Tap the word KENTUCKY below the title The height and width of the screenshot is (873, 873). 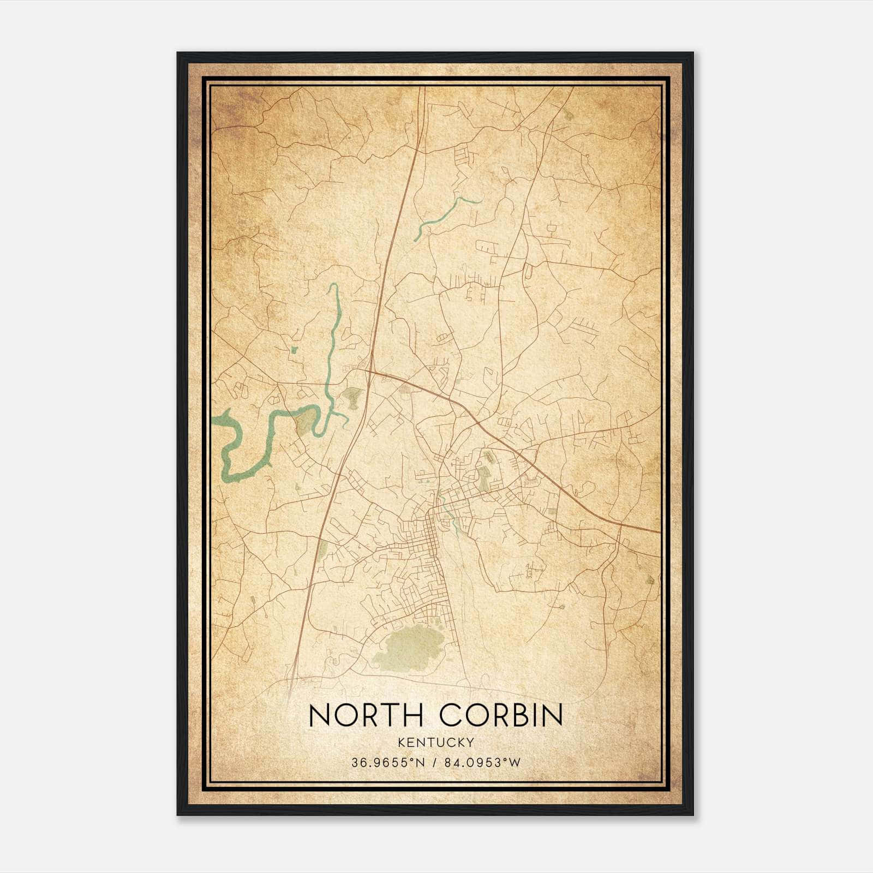436,742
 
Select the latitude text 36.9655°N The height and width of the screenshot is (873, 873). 388,763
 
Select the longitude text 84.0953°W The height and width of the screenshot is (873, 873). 482,763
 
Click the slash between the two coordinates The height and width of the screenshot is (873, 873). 435,763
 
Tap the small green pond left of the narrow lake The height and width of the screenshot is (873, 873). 294,349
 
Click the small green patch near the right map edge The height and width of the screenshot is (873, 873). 649,580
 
